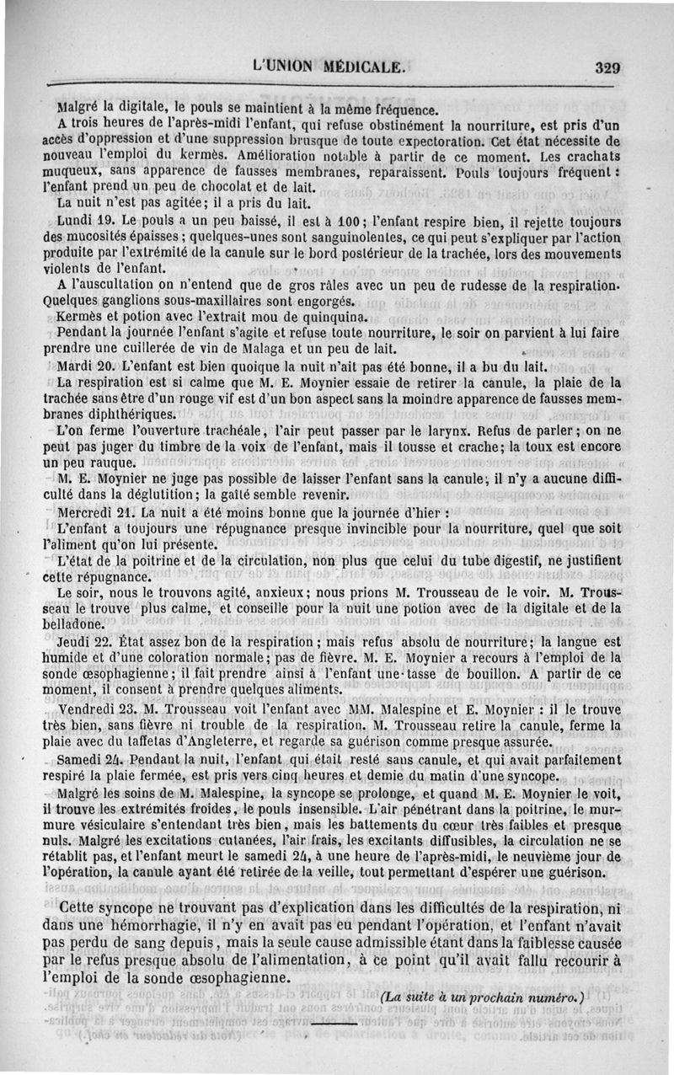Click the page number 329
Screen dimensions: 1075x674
coord(607,68)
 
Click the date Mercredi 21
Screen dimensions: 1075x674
coord(97,512)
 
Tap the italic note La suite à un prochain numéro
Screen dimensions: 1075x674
coord(483,996)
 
